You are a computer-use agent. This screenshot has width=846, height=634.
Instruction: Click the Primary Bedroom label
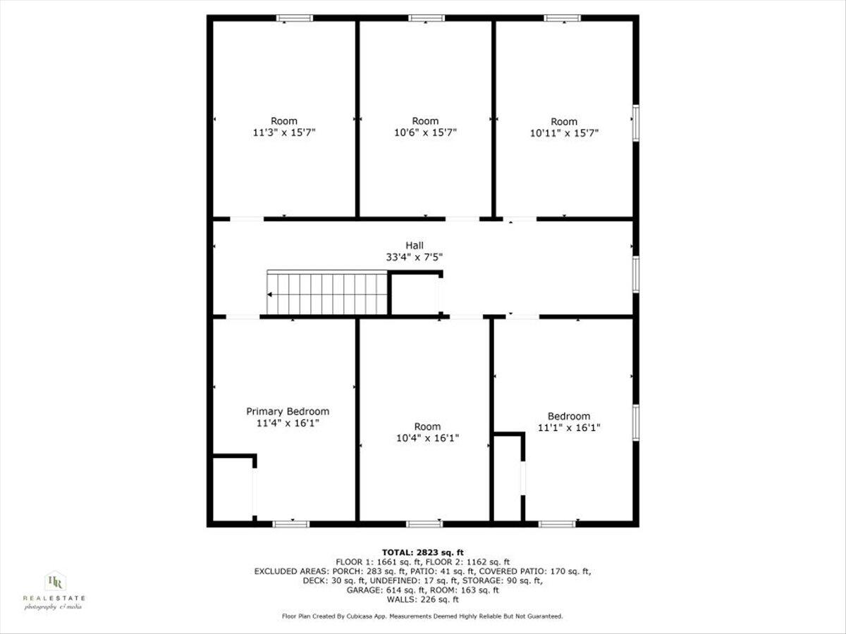pos(287,411)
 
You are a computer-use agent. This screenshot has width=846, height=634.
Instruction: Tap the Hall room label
pos(415,245)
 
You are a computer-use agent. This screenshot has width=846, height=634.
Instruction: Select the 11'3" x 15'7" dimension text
pos(284,132)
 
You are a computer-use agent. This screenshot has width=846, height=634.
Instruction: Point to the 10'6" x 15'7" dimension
pos(425,132)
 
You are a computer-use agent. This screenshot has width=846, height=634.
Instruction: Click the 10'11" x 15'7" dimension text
pos(564,132)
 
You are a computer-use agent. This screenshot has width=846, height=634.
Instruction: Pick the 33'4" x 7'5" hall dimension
pos(415,257)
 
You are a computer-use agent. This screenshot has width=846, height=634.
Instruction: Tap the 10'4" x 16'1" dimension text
pos(427,438)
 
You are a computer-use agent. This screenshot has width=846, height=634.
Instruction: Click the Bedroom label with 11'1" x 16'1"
pos(569,416)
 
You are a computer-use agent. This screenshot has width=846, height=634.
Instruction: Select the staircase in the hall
pos(327,294)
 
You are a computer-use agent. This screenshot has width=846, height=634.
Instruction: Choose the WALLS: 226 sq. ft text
pos(422,600)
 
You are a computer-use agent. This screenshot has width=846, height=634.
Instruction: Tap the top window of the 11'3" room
pos(294,18)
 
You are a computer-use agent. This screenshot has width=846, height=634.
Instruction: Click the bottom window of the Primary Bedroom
pos(290,523)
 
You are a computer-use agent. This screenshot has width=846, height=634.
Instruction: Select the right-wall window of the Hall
pos(635,274)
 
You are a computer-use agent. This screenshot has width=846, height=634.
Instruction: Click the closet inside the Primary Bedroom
pos(233,490)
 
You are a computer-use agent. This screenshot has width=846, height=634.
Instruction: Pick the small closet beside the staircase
pos(415,294)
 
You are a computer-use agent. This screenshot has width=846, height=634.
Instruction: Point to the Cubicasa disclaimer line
pos(422,616)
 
